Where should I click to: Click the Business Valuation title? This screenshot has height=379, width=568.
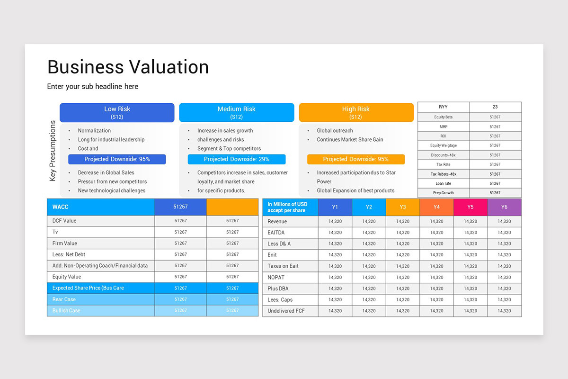tap(128, 67)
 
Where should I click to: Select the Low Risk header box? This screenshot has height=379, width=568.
tap(117, 112)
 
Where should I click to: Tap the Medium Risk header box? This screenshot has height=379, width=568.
tap(236, 112)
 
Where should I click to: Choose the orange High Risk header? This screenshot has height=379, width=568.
tap(356, 112)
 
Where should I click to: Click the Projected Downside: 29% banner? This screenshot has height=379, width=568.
tap(236, 159)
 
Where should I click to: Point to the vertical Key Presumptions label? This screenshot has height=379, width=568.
tap(53, 151)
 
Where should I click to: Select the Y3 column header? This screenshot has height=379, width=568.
tap(403, 207)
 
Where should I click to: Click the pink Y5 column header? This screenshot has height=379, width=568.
tap(470, 207)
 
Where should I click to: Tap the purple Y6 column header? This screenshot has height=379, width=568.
tap(504, 207)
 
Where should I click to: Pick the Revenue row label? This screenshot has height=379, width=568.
tap(277, 221)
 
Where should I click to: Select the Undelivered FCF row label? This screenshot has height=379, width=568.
tap(286, 311)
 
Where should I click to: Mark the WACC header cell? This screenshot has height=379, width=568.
tap(61, 207)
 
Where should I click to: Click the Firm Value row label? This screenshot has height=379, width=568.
tap(65, 243)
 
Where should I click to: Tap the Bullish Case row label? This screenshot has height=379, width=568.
tap(66, 310)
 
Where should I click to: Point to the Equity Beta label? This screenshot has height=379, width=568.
tap(444, 117)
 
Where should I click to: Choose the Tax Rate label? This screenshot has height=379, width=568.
tap(444, 164)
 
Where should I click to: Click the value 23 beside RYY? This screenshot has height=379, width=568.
tap(495, 107)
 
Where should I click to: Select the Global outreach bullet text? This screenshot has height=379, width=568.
tap(335, 131)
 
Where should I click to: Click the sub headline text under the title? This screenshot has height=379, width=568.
tap(93, 87)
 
